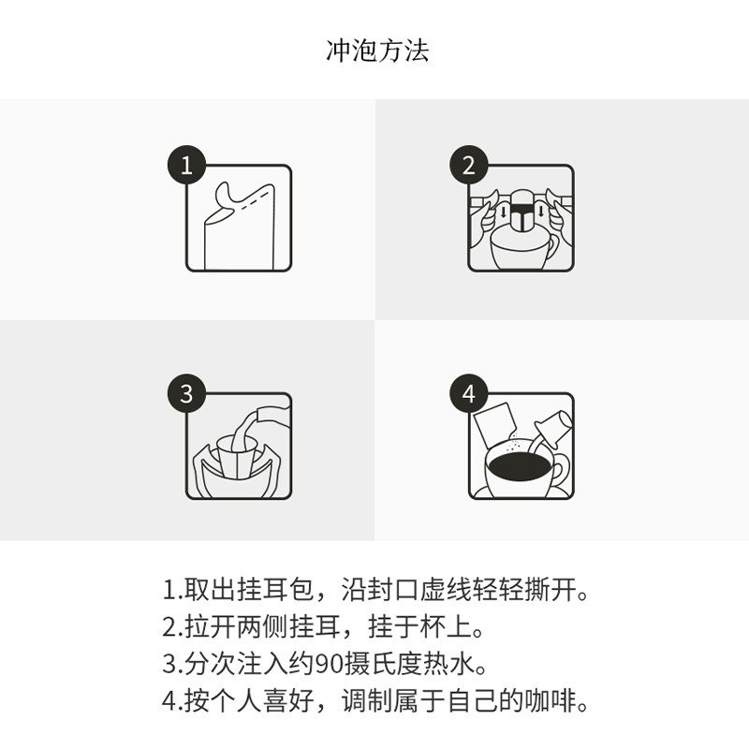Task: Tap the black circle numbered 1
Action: pyautogui.click(x=186, y=167)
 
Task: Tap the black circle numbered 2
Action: pyautogui.click(x=468, y=167)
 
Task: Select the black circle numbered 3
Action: pyautogui.click(x=186, y=394)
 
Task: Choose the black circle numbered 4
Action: pyautogui.click(x=468, y=394)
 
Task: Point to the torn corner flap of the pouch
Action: pyautogui.click(x=228, y=195)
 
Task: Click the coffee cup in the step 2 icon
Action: pyautogui.click(x=517, y=251)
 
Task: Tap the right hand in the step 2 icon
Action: pyautogui.click(x=554, y=217)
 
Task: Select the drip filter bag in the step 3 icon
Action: pyautogui.click(x=236, y=459)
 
